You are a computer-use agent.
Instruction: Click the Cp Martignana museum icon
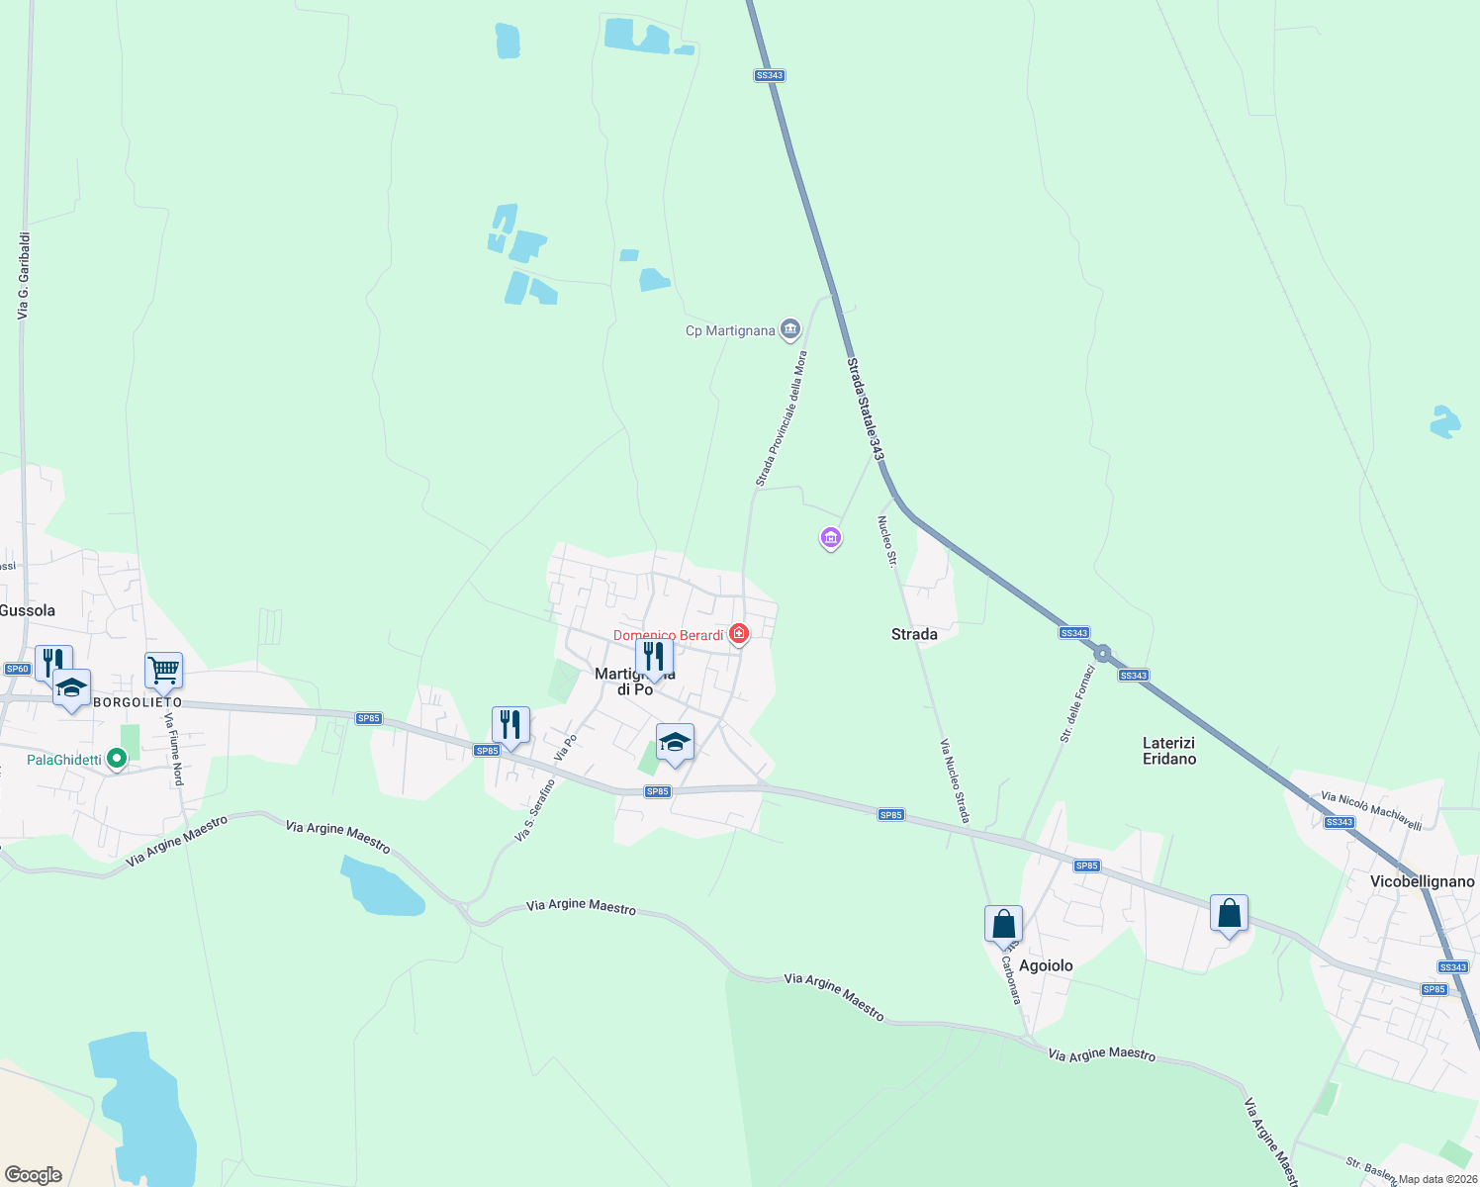click(x=789, y=329)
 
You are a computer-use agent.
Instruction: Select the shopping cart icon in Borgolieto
click(x=163, y=670)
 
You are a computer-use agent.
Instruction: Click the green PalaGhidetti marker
click(x=117, y=759)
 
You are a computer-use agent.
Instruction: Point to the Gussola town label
click(x=28, y=610)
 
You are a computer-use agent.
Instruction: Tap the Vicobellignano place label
click(x=1422, y=881)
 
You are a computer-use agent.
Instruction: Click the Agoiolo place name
click(x=1046, y=965)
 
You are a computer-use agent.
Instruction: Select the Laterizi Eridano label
click(x=1169, y=751)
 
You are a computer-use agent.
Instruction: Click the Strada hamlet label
click(x=914, y=634)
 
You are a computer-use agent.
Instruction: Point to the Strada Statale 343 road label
click(x=864, y=409)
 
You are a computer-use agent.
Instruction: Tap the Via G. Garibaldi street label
click(x=24, y=276)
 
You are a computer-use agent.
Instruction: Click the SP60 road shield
click(x=17, y=669)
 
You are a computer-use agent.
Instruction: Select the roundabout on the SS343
click(x=1102, y=653)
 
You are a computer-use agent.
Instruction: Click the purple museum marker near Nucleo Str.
click(x=831, y=538)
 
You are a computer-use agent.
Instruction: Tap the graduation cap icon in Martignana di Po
click(x=675, y=742)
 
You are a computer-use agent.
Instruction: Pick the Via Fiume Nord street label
click(x=174, y=749)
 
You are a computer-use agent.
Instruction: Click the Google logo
click(x=34, y=1175)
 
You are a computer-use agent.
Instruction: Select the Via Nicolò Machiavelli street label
click(x=1370, y=811)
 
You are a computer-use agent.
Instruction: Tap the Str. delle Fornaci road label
click(x=1077, y=703)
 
